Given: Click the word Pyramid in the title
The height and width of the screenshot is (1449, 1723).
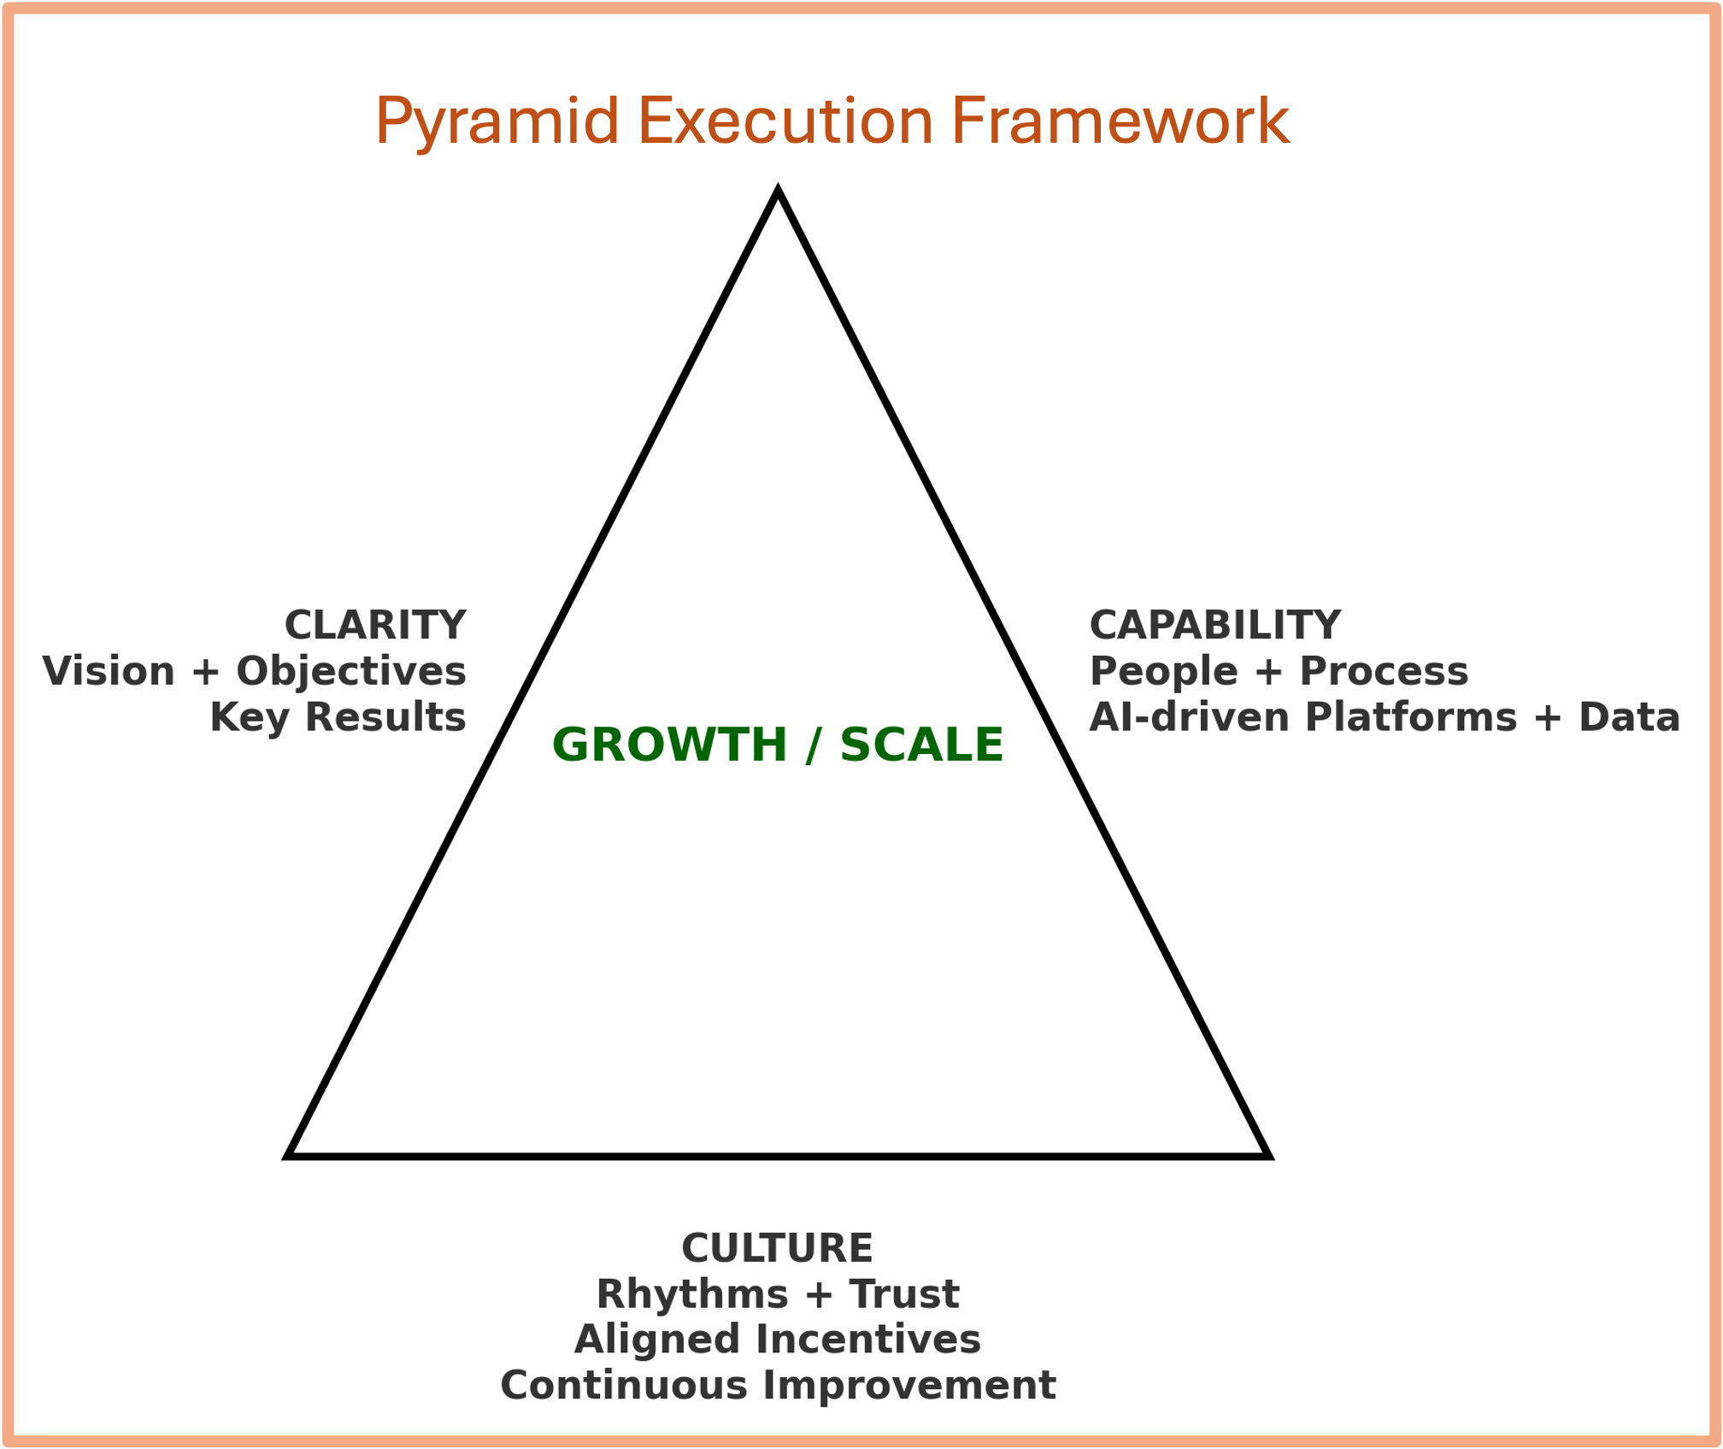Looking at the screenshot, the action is (x=497, y=122).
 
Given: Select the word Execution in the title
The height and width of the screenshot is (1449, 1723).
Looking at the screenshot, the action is (x=785, y=121).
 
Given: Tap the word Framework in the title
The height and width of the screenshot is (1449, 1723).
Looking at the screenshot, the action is (x=1120, y=121).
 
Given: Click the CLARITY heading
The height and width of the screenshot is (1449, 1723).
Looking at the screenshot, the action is (x=375, y=626).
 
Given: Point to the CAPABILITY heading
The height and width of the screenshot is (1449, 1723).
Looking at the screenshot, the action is (x=1214, y=626).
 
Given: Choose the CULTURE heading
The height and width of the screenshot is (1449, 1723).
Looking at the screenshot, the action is (x=777, y=1249).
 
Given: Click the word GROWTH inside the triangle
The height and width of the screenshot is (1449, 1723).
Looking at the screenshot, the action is (x=669, y=745).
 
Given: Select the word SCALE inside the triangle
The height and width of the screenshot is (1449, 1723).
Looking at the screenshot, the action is (x=921, y=745).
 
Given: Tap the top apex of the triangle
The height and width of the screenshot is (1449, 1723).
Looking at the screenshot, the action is (x=778, y=191).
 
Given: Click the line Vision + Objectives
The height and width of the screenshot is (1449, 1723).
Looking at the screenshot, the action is (x=255, y=672).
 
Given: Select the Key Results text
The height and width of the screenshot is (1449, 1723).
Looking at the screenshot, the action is (x=338, y=717).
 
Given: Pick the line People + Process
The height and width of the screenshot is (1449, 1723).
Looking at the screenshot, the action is (x=1279, y=672).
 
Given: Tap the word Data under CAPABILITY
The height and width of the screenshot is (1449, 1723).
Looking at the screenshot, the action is (x=1629, y=717).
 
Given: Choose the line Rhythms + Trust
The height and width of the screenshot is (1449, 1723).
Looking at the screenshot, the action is (x=777, y=1294).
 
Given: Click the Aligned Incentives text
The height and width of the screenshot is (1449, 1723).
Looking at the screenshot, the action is (x=777, y=1340).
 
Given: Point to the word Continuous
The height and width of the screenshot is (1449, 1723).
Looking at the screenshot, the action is (x=624, y=1386).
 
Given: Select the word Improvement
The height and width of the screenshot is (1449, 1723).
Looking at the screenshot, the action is (x=909, y=1386).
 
